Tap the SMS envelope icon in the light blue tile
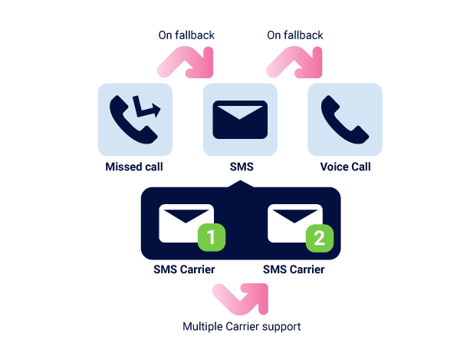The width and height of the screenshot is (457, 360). [240, 120]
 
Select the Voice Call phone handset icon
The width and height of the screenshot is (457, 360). [345, 120]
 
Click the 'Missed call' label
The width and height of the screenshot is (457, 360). [134, 167]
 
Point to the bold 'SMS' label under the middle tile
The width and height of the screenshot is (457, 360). [242, 167]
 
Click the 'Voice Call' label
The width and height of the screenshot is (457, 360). [345, 167]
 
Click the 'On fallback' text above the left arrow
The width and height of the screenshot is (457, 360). [186, 35]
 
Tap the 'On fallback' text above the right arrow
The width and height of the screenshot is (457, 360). [295, 35]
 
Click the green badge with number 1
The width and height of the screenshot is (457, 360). [212, 237]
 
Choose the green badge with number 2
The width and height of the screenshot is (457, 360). [320, 238]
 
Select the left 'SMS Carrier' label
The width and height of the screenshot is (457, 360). [184, 269]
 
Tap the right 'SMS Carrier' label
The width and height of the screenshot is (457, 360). [294, 269]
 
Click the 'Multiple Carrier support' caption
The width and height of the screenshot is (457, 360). [242, 326]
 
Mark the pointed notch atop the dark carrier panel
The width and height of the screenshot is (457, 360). [240, 180]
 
